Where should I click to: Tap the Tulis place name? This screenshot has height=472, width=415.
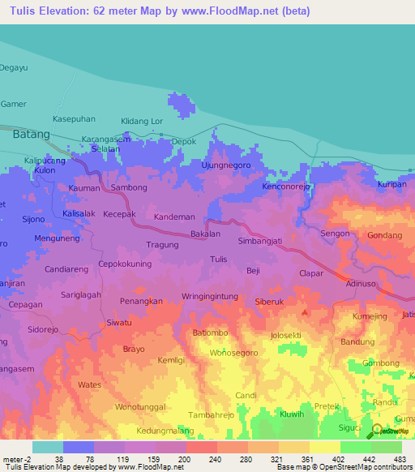[218, 259]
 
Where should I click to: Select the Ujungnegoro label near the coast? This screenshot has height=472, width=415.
[225, 165]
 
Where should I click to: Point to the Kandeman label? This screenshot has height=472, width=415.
[174, 217]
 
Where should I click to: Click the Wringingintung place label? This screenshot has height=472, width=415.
[212, 296]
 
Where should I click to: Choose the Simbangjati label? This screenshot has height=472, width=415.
[259, 242]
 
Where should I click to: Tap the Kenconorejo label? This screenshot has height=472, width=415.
[287, 186]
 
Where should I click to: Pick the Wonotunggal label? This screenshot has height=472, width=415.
[140, 405]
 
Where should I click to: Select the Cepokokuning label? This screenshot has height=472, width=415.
[125, 264]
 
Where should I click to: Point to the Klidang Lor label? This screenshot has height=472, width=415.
[142, 121]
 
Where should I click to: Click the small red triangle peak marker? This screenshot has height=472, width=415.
[305, 311]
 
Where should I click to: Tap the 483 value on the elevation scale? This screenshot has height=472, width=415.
[400, 459]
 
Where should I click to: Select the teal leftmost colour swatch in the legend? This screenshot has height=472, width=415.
[47, 447]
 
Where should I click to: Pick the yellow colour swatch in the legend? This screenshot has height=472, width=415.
[324, 447]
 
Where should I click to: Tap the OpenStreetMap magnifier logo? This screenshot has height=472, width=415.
[376, 431]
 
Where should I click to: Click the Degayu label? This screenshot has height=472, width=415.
[15, 68]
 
